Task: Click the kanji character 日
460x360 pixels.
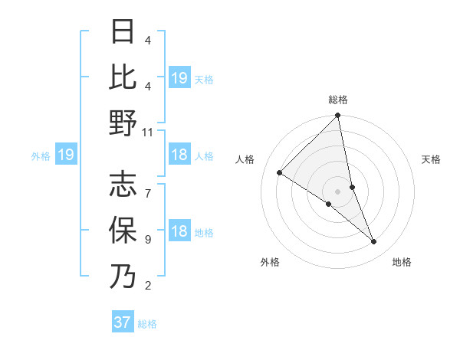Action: click(123, 31)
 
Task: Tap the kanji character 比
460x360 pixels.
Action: click(123, 77)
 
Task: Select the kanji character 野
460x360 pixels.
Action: click(123, 123)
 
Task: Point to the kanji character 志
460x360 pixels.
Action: click(123, 185)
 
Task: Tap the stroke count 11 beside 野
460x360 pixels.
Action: click(148, 132)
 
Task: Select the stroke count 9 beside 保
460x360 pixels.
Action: click(147, 240)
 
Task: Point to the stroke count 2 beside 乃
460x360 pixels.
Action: click(147, 286)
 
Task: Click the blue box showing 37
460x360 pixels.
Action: click(122, 322)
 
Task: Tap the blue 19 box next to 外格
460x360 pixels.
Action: click(65, 155)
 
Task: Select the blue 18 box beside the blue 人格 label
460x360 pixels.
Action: click(179, 155)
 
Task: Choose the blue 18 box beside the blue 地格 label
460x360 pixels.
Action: click(179, 232)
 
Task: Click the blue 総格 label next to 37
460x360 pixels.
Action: click(147, 324)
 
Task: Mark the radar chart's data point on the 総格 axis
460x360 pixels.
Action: click(337, 116)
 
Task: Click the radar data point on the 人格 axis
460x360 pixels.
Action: click(280, 173)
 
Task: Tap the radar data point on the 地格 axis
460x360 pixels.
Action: click(374, 242)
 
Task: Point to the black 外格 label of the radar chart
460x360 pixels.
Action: click(270, 262)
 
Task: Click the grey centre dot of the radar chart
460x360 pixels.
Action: click(337, 191)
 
